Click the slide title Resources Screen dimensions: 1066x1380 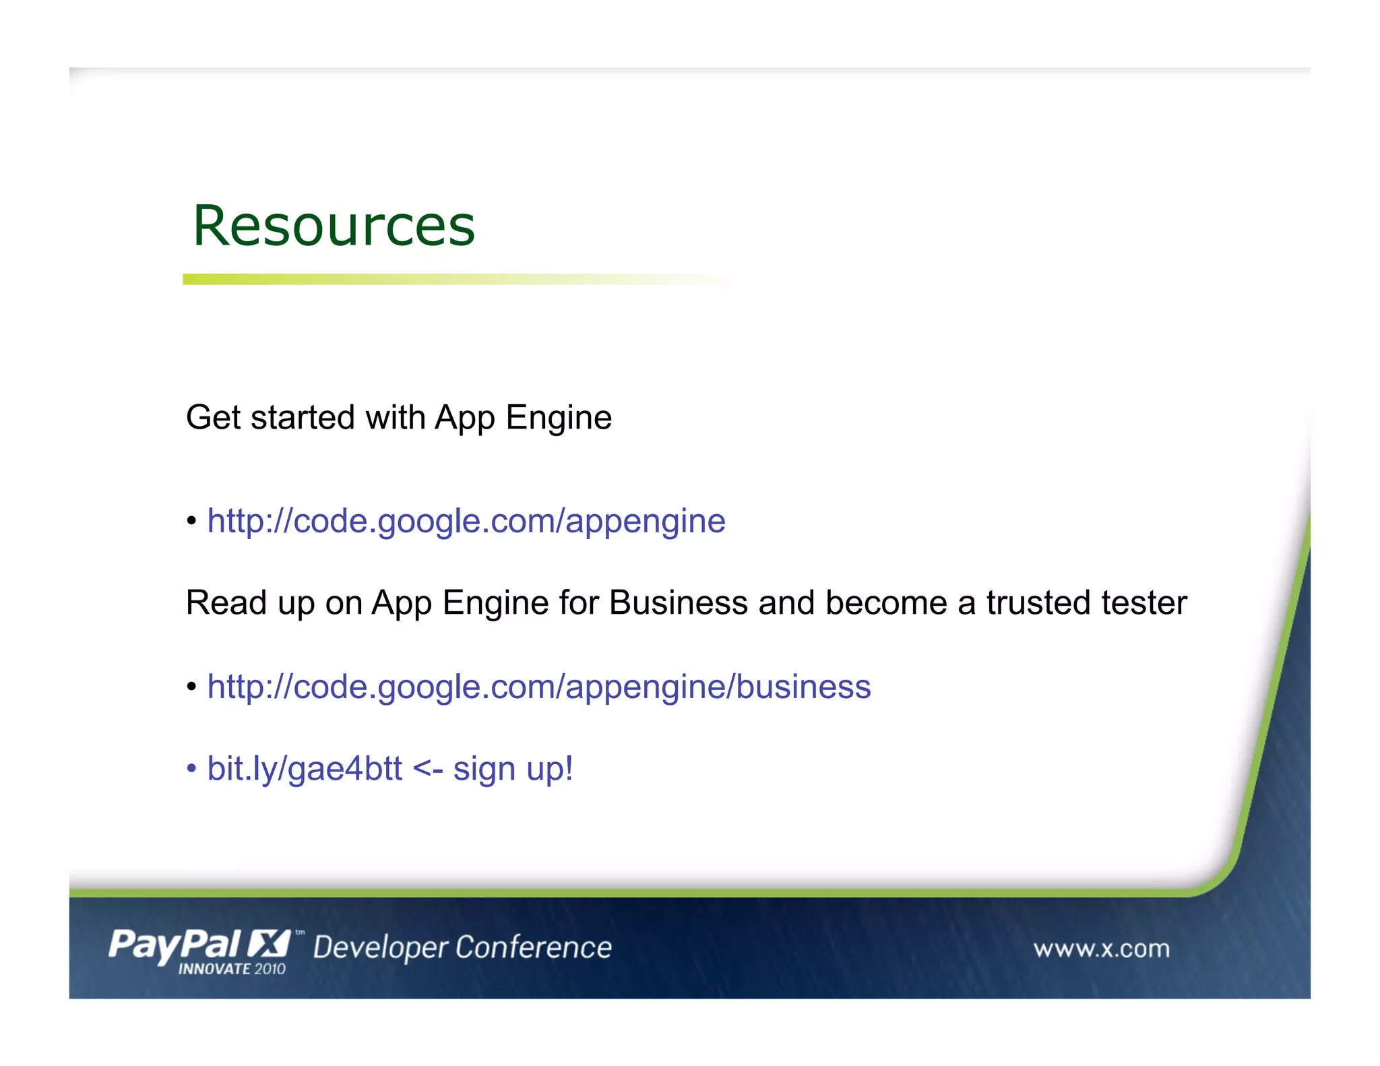point(334,226)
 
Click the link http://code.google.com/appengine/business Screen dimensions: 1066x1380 point(538,687)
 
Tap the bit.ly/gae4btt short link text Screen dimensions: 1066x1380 point(305,769)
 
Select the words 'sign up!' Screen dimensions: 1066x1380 point(513,769)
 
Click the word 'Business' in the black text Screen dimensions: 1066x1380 point(678,603)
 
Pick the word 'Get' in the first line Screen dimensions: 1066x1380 point(213,418)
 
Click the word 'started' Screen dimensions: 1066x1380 point(303,418)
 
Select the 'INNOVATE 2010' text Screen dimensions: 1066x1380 point(231,969)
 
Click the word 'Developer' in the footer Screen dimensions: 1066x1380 point(380,948)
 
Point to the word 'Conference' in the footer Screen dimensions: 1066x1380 point(533,947)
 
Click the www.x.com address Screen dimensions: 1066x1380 point(1101,949)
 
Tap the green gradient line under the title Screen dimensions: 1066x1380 point(404,279)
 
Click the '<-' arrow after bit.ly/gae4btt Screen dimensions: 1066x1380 point(427,769)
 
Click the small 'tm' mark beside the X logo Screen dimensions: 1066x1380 point(300,933)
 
